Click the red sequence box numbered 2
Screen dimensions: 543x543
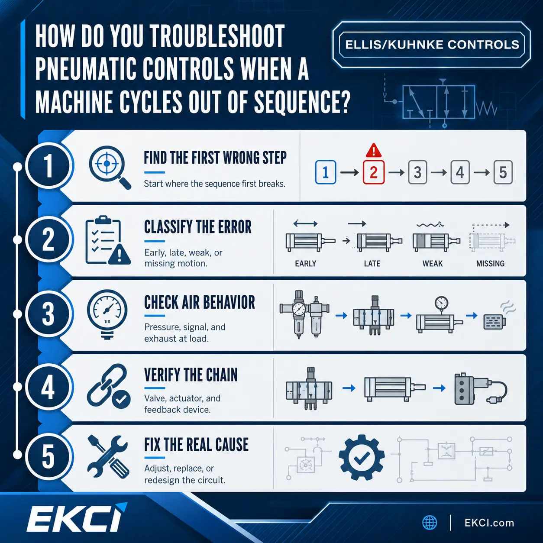coord(373,172)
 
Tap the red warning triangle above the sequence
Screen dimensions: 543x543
coord(374,151)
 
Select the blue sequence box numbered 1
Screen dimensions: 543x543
coord(326,172)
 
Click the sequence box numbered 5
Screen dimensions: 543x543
coord(503,172)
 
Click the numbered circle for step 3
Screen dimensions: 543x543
coord(48,314)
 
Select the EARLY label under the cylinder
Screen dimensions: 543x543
coord(305,263)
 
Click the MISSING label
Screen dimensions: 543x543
coord(490,263)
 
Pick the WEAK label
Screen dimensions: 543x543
coord(432,263)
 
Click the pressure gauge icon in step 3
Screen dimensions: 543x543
coord(107,315)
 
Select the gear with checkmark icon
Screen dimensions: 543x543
coord(362,457)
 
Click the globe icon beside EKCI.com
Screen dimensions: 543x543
coord(430,523)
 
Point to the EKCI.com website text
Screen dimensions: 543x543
coord(489,523)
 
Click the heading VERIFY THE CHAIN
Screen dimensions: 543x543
coord(191,375)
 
